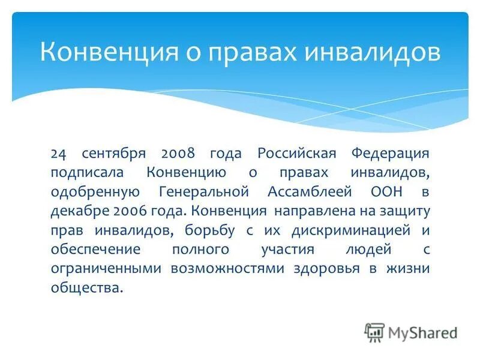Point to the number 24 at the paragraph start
[x=58, y=153]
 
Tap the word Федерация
[x=391, y=153]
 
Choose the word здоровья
[x=327, y=268]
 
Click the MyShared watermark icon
[x=374, y=332]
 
